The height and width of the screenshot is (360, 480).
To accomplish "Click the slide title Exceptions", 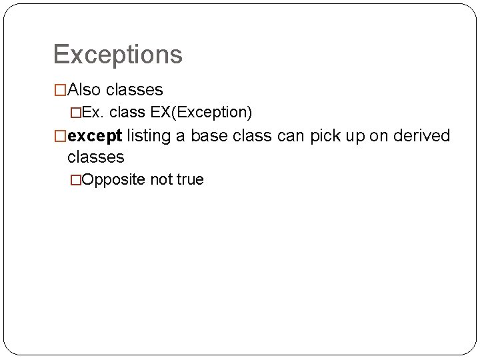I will point(117,55).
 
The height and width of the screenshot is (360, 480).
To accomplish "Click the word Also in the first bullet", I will point(83,89).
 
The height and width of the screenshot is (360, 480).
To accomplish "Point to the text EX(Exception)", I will point(201,113).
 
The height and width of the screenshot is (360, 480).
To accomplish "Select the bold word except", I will point(95,137).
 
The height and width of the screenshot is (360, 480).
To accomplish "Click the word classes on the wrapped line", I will point(96,157).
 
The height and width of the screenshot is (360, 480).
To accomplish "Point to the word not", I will point(161,179).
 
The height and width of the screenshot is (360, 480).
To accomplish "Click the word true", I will point(189,179).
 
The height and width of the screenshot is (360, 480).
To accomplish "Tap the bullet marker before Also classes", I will point(60,89).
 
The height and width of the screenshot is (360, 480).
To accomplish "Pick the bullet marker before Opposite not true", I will point(75,180).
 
